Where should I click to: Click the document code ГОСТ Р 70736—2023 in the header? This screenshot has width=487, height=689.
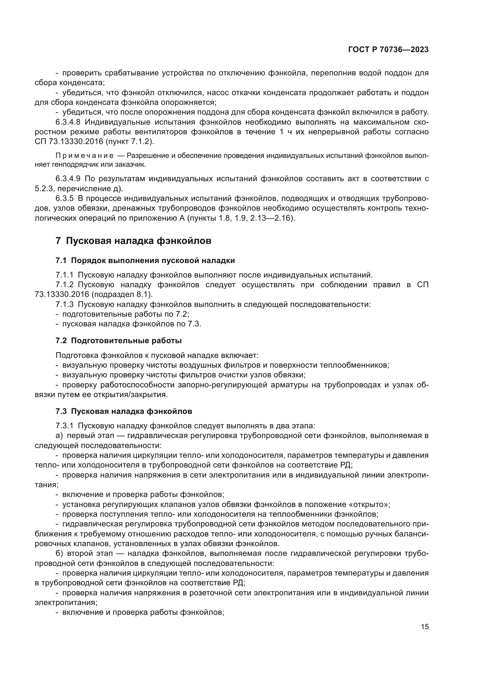(388, 50)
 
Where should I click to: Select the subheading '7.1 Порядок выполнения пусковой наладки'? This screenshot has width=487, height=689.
(145, 260)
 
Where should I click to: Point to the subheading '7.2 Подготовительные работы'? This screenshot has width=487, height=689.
(118, 341)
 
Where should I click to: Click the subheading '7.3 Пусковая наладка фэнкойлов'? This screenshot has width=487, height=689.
(124, 411)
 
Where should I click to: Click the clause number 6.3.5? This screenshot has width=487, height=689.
(64, 199)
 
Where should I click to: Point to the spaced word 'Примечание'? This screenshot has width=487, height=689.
(85, 156)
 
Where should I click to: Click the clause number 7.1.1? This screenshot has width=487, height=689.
(64, 275)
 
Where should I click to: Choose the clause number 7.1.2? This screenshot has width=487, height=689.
(64, 285)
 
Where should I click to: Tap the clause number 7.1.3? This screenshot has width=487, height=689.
(64, 305)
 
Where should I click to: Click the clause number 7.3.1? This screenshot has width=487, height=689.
(64, 426)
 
